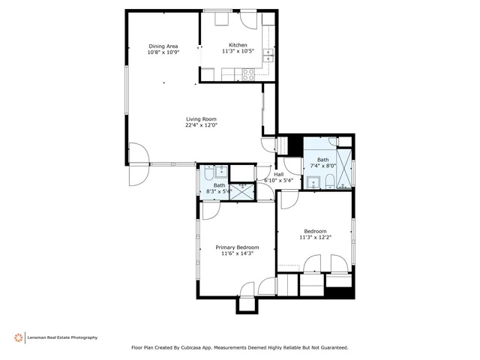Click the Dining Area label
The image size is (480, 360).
coord(162,46)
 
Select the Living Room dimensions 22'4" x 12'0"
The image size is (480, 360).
coord(201,125)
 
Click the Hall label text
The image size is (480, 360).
coord(277,174)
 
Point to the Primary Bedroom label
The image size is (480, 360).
coord(237,247)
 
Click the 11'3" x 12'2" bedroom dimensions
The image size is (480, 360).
coord(315,238)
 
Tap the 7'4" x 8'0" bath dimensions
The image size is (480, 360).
coord(322,166)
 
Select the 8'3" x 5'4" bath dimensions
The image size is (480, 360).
coord(219,191)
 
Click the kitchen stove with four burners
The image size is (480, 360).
coord(244,73)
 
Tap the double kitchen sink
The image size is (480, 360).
coord(271,55)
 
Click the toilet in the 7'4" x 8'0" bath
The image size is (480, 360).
coord(328,180)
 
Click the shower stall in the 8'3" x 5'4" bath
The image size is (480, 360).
coord(242,191)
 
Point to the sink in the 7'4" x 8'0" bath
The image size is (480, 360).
coord(312,181)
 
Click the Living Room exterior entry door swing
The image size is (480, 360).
coord(137,174)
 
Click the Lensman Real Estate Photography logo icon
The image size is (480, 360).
coord(18,337)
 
